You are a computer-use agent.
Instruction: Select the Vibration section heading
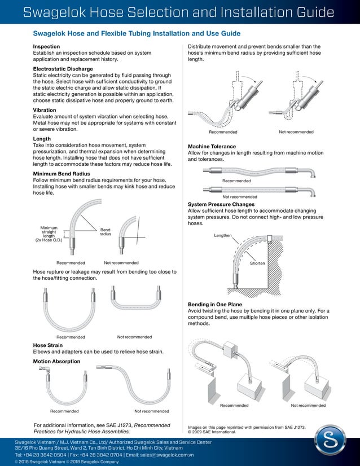[x=45, y=110]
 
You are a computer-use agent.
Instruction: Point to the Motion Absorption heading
[x=56, y=361]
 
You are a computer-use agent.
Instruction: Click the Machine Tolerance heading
[x=216, y=146]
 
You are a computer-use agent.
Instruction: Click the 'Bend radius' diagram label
[x=106, y=232]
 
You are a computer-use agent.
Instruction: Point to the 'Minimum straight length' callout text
[x=49, y=234]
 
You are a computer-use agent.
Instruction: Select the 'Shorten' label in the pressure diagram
[x=257, y=263]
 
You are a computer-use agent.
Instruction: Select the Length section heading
[x=42, y=138]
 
